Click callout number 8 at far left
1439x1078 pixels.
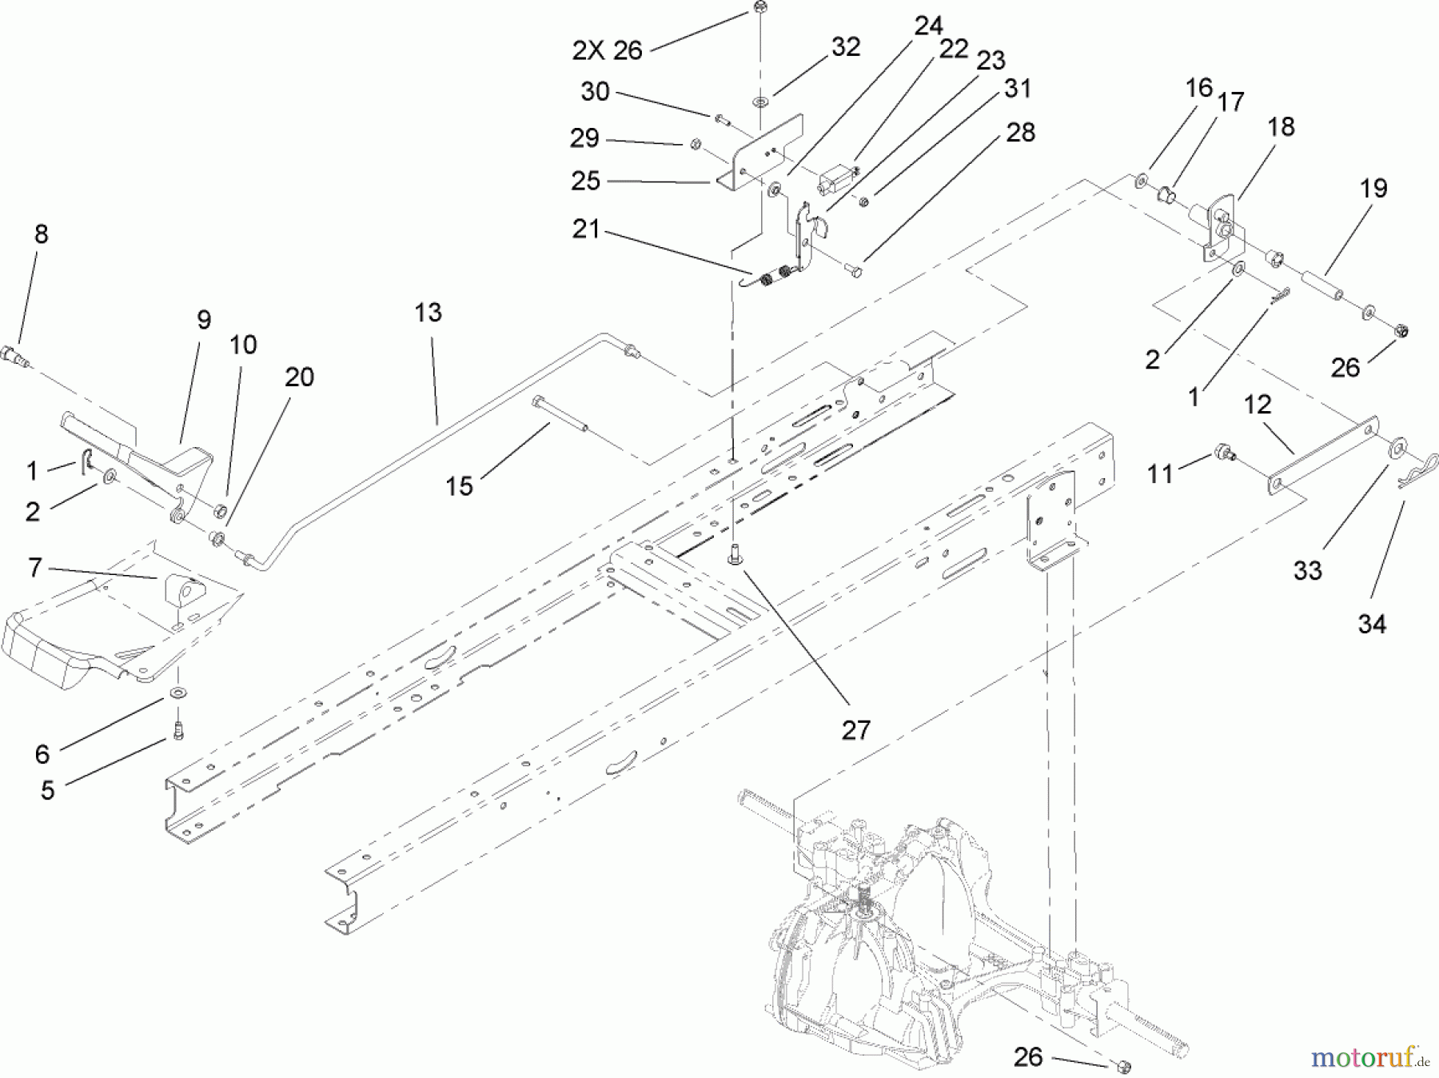(x=41, y=234)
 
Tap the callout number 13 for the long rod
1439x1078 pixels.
(x=429, y=313)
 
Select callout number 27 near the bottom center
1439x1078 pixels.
(x=855, y=730)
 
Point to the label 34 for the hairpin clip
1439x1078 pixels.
(x=1372, y=624)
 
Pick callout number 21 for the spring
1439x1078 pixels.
(x=586, y=230)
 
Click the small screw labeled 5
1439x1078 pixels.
(x=177, y=731)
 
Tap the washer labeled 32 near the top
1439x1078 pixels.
(x=757, y=102)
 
